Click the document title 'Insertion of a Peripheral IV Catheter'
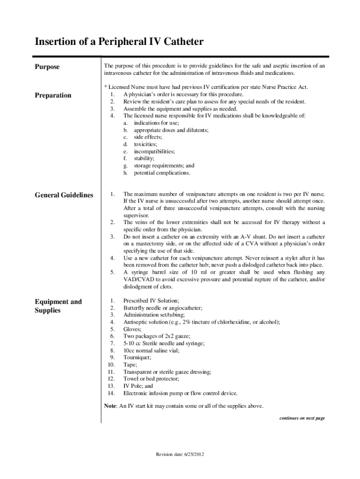pos(119,42)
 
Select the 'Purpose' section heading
pos(47,67)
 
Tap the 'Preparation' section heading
pos(53,95)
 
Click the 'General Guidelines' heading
pos(64,195)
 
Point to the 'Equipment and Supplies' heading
pos(58,306)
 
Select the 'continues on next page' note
pos(302,418)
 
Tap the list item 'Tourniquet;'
pos(137,357)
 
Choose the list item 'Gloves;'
pos(132,329)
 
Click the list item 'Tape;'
pos(130,364)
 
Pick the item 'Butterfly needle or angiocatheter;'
pos(163,308)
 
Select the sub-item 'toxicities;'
pos(145,145)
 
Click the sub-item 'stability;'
pos(144,159)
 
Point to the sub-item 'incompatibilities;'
pos(154,152)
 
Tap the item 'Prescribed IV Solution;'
pos(151,301)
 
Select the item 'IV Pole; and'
pos(138,386)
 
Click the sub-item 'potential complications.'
pos(162,173)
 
